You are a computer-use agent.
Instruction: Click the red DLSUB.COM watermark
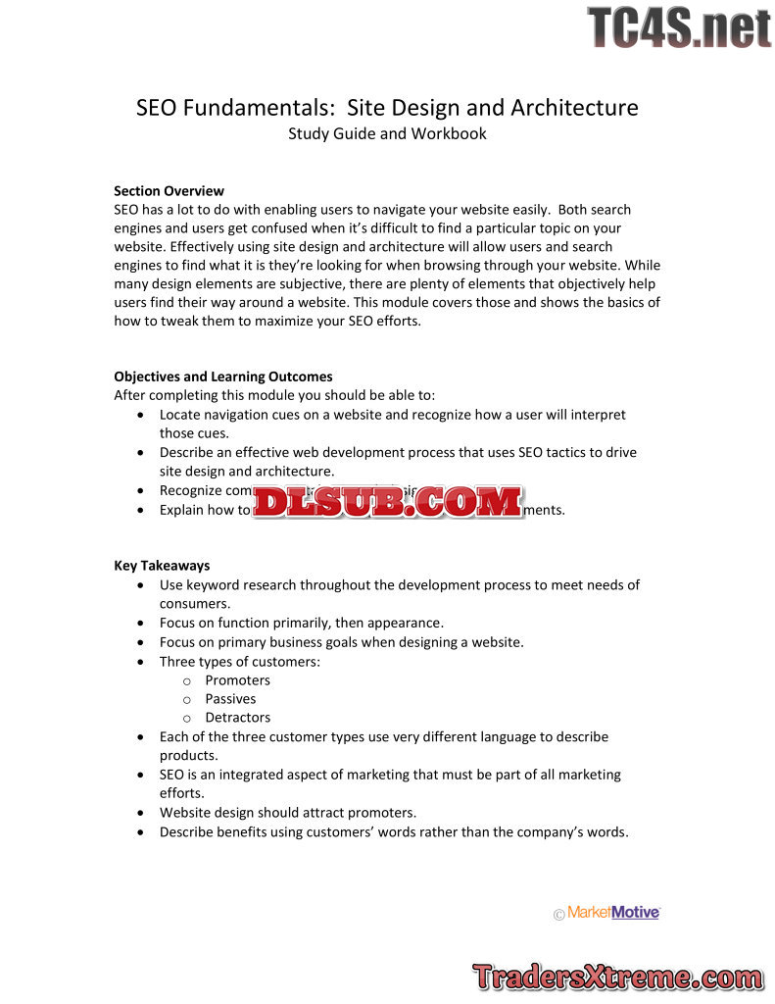tap(388, 502)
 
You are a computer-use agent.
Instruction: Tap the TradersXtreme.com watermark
tap(617, 977)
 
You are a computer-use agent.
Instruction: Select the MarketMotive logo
tap(613, 913)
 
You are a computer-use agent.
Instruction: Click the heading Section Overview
tap(169, 191)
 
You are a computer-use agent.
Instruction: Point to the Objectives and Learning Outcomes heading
tap(223, 376)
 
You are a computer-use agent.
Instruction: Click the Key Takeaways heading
tap(162, 566)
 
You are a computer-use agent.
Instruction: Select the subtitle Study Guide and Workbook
tap(387, 133)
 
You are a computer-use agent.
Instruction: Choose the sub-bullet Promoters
tap(237, 680)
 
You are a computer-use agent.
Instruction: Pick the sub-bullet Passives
tap(230, 699)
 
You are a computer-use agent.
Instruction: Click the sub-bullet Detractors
tap(237, 718)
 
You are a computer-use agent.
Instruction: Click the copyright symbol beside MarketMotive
tap(559, 915)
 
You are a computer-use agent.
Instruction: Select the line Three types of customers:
tap(240, 662)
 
